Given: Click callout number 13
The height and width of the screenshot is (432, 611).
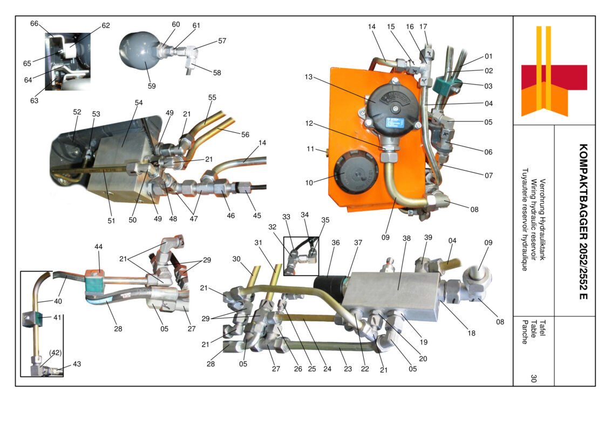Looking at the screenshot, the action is click(x=309, y=77).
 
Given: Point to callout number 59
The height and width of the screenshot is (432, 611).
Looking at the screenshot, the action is click(x=152, y=86).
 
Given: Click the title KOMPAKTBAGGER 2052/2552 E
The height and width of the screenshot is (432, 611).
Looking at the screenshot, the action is click(x=583, y=221).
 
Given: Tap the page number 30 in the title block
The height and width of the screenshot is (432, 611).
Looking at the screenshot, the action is click(x=533, y=378).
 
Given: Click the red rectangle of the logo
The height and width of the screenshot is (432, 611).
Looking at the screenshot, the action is click(x=554, y=77).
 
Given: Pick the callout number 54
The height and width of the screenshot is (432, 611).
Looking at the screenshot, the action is click(x=139, y=103).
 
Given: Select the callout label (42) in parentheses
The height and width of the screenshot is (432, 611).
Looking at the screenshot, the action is click(x=56, y=353).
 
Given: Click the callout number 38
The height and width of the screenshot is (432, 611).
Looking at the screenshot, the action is click(x=406, y=238).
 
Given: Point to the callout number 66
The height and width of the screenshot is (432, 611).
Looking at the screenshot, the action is click(x=35, y=23).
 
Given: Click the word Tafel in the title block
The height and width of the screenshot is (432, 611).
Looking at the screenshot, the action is click(x=542, y=328).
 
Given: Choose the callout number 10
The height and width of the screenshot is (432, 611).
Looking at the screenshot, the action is click(x=309, y=183).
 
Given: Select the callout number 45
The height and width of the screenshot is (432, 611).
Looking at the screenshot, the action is click(x=257, y=215).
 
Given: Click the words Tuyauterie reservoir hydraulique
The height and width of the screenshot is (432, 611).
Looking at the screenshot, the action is click(x=525, y=219).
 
